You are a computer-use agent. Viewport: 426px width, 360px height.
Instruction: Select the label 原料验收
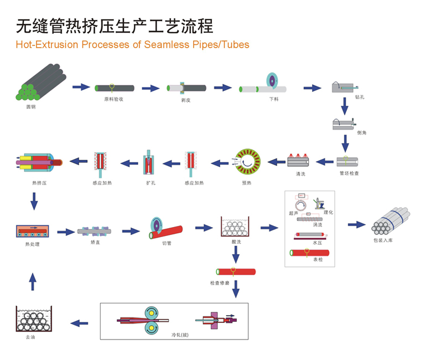point(113,99)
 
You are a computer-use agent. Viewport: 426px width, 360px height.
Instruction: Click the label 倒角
point(362,133)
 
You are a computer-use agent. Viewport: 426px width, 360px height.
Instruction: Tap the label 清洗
point(301,174)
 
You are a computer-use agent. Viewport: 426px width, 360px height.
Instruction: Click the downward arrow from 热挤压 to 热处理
point(34,200)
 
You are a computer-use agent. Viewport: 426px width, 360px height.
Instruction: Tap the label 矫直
point(96,243)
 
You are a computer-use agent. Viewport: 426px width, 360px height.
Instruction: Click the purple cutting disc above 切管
point(157,226)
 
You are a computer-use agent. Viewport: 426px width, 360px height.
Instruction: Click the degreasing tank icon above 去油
point(34,320)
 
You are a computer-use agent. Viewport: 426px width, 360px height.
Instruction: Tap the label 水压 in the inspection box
point(317,243)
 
